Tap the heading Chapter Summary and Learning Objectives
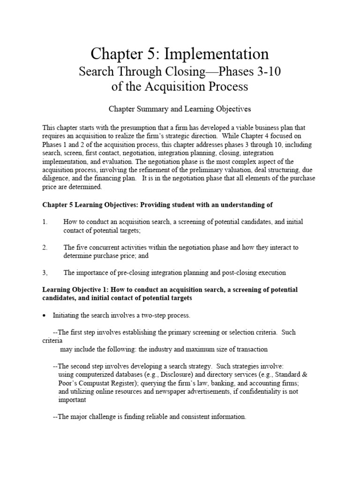[180, 109]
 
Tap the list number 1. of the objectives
[45, 222]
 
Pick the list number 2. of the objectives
[45, 247]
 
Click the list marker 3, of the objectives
[45, 272]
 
